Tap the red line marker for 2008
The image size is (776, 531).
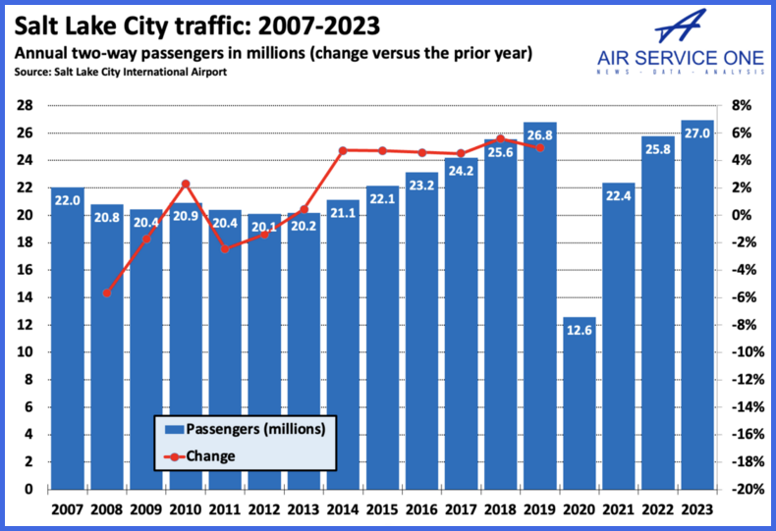[x=107, y=292]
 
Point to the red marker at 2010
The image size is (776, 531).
[x=186, y=184]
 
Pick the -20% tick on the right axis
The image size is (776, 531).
[x=749, y=489]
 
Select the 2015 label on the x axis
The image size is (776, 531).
[x=382, y=510]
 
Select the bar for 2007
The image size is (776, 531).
[x=68, y=339]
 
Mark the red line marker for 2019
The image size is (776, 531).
[x=539, y=148]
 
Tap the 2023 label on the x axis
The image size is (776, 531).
[x=696, y=510]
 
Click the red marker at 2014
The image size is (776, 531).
[x=343, y=150]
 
